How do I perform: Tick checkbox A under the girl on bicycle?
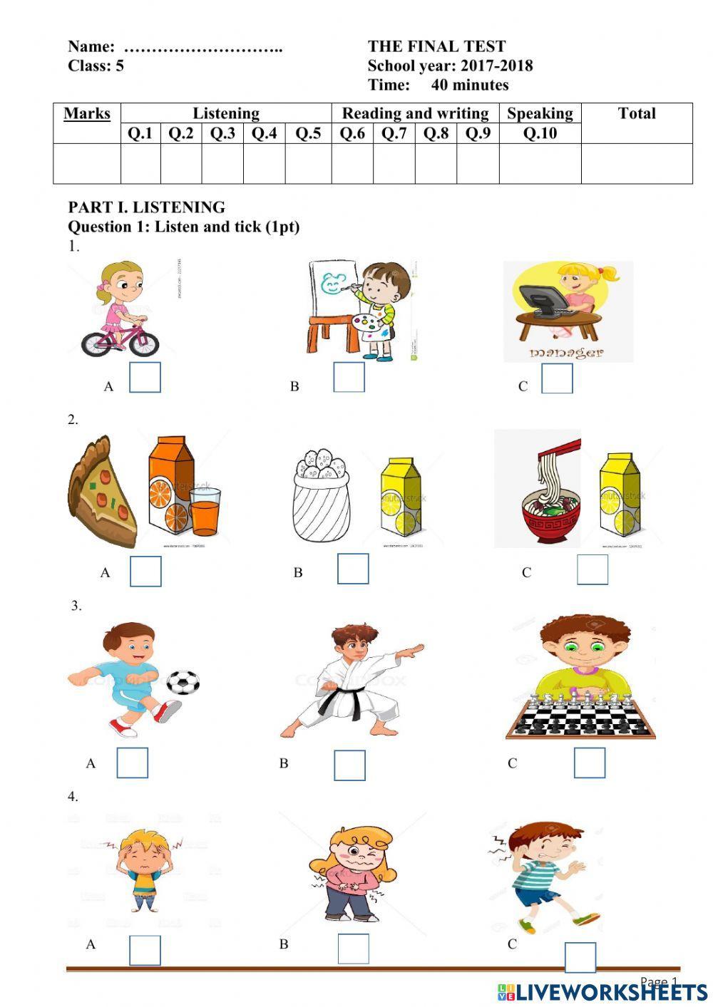pos(145,377)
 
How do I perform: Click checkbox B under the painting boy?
pos(349,376)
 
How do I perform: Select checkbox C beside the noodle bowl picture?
pos(592,569)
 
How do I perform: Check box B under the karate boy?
pos(349,765)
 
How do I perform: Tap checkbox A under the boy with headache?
pos(145,950)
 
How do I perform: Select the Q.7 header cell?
pos(394,133)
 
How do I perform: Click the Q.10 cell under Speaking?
pos(540,133)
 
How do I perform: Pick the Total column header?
pos(637,113)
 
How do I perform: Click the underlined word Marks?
pos(87,113)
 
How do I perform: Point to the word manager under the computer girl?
pos(566,352)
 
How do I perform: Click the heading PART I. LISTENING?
pos(146,207)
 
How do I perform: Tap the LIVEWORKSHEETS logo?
pos(602,991)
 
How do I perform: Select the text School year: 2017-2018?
pos(450,66)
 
